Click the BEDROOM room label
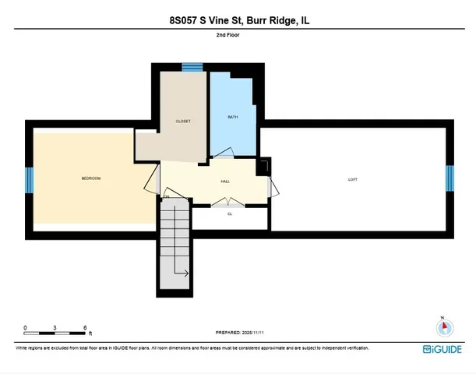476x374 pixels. pyautogui.click(x=91, y=179)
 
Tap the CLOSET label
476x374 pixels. pyautogui.click(x=183, y=122)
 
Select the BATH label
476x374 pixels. pyautogui.click(x=232, y=118)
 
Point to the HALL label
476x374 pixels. pyautogui.click(x=225, y=182)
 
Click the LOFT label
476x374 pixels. pyautogui.click(x=353, y=180)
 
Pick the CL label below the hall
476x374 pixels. pyautogui.click(x=230, y=213)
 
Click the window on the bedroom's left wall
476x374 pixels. pyautogui.click(x=29, y=180)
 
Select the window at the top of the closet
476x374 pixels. pyautogui.click(x=188, y=68)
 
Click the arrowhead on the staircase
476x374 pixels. pyautogui.click(x=187, y=273)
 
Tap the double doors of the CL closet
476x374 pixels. pyautogui.click(x=230, y=204)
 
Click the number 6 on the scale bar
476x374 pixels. pyautogui.click(x=84, y=328)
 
